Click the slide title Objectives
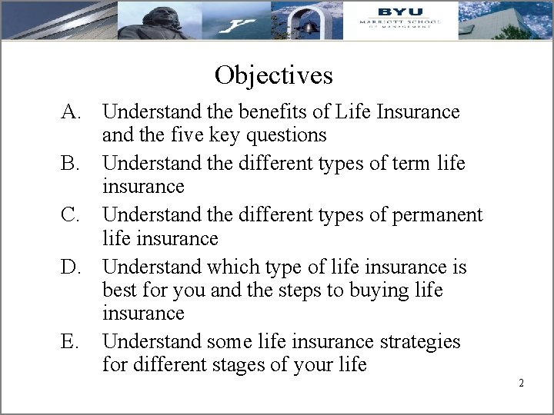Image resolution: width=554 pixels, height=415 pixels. (x=274, y=75)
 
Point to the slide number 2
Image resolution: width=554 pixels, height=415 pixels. (x=521, y=383)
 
